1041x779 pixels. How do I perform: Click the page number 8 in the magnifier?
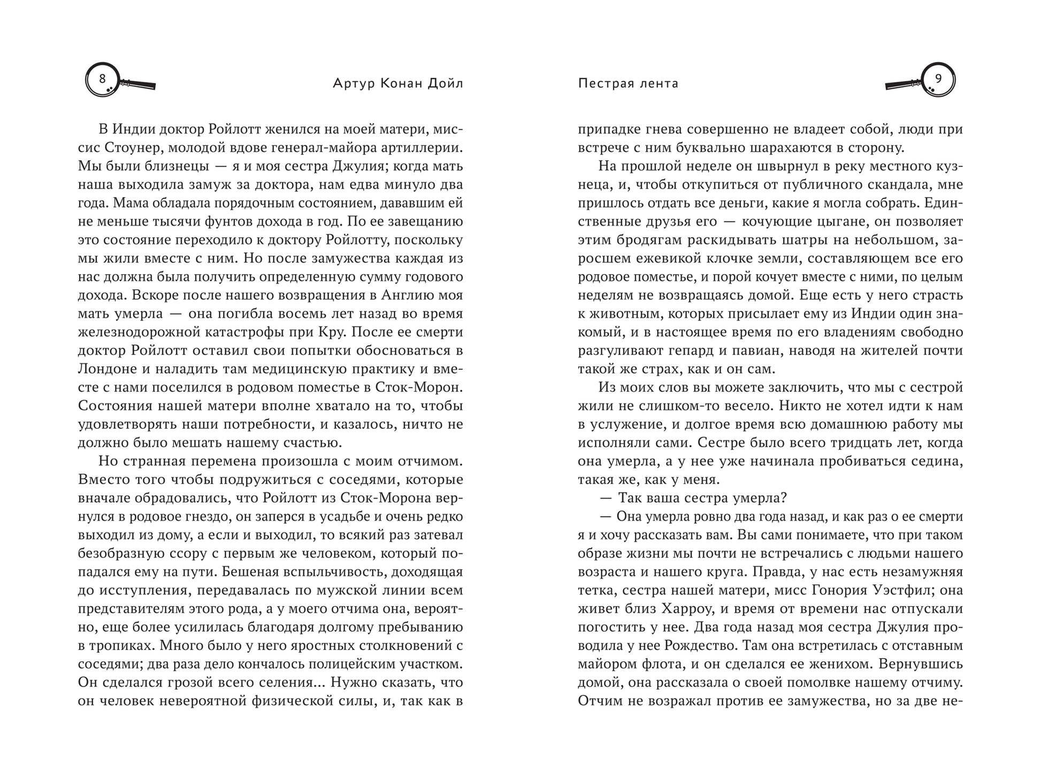pos(102,79)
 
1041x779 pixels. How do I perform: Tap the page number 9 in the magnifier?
pos(938,79)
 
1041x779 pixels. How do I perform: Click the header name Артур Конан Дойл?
pos(397,83)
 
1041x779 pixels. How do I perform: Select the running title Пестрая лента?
pos(628,83)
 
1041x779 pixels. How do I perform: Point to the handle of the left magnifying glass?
pos(139,84)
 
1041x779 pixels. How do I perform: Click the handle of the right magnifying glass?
pos(902,84)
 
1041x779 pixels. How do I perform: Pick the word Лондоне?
pos(105,369)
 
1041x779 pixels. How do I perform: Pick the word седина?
pos(936,461)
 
